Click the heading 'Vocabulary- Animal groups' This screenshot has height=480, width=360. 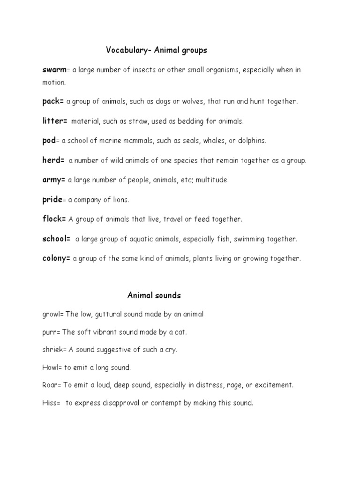click(156, 50)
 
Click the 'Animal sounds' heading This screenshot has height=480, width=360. click(154, 295)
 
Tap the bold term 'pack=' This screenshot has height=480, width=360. click(53, 101)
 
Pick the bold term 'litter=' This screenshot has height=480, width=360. click(55, 121)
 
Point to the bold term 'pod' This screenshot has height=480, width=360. click(49, 141)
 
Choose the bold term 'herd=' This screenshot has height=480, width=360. click(53, 160)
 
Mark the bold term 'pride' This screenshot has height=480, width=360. click(52, 200)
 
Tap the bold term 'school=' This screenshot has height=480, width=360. click(56, 239)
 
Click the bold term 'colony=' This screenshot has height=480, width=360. click(56, 258)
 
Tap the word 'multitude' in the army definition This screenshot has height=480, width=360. click(211, 180)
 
